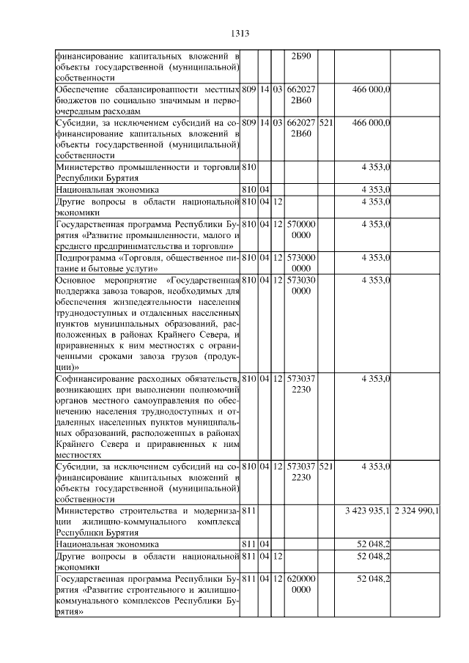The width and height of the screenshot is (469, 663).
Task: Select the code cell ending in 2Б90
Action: coord(302,56)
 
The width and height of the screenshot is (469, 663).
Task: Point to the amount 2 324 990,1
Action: coord(416,510)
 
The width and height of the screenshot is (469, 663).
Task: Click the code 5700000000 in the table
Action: coord(302,229)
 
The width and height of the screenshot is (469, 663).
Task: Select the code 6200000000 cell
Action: coord(302,584)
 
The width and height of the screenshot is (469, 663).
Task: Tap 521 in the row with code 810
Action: coord(326,466)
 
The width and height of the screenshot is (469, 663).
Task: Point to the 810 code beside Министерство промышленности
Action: coord(248,168)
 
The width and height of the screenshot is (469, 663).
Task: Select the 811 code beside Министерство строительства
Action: coord(248,510)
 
